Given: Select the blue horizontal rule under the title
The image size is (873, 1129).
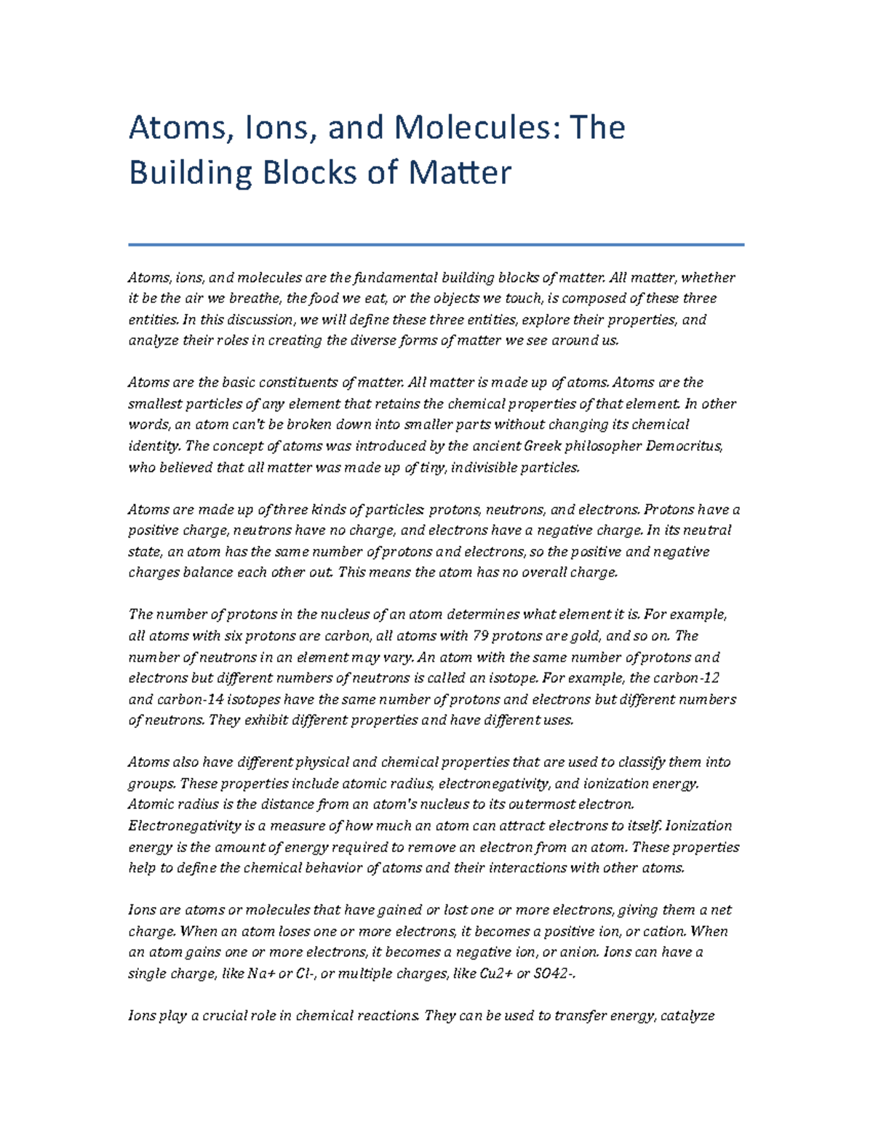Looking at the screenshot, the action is pos(436,245).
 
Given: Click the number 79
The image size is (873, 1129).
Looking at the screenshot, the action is pos(480,635).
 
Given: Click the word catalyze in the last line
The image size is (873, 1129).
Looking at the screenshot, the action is pos(688,1016).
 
